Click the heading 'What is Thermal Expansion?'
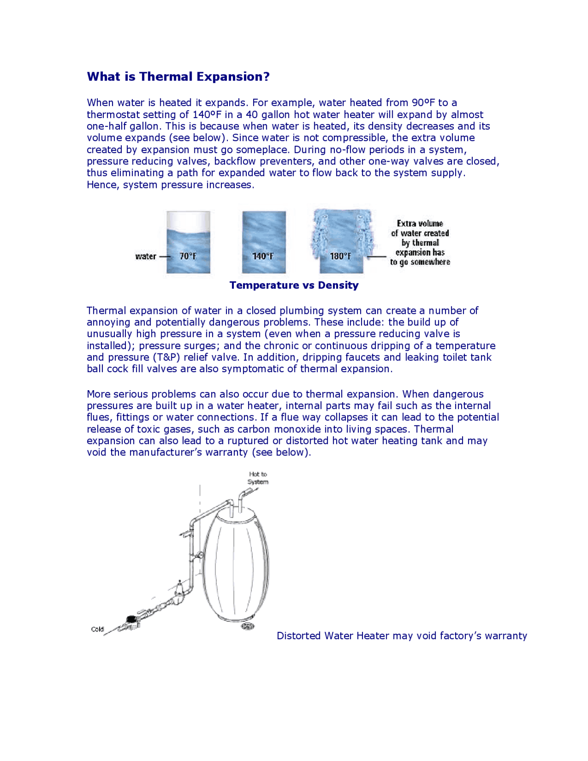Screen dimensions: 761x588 point(178,76)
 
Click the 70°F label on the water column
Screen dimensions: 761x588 point(187,256)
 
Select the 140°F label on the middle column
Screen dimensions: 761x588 point(263,256)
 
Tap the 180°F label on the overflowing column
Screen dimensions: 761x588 point(340,256)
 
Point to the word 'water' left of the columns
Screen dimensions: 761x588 point(146,256)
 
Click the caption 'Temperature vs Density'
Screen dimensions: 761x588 point(294,285)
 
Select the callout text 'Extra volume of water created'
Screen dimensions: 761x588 point(420,228)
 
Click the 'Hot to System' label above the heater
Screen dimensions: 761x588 point(258,478)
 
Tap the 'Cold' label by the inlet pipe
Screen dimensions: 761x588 point(97,629)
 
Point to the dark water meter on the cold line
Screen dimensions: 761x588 point(131,620)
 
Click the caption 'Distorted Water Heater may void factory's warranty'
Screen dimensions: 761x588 point(401,636)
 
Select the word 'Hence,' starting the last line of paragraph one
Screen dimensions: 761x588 point(103,184)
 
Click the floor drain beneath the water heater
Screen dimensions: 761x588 point(248,627)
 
